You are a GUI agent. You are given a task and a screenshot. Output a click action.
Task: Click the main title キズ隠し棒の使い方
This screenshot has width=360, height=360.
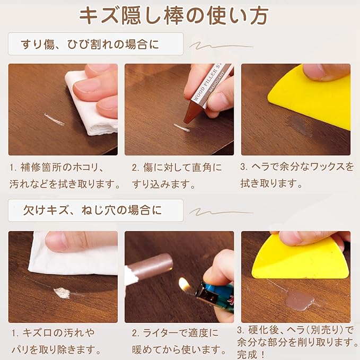pyautogui.click(x=174, y=16)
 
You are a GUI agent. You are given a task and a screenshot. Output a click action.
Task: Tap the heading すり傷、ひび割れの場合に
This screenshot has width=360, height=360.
pyautogui.click(x=90, y=44)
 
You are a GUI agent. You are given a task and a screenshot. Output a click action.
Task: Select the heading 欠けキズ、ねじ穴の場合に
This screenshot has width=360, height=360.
pyautogui.click(x=92, y=210)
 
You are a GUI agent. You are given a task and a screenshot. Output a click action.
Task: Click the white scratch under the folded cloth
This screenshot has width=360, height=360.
pyautogui.click(x=54, y=119)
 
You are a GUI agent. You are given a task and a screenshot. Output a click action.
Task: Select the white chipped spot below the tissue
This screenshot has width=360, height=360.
pyautogui.click(x=62, y=293)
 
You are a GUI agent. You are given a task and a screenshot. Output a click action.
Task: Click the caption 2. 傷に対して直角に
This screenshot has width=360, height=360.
pyautogui.click(x=177, y=168)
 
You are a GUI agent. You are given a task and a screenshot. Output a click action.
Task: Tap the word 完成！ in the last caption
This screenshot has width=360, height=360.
pyautogui.click(x=251, y=354)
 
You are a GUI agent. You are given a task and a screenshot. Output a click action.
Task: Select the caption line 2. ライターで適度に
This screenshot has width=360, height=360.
pyautogui.click(x=175, y=333)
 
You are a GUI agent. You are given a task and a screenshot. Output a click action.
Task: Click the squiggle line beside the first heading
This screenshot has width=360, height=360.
pyautogui.click(x=221, y=46)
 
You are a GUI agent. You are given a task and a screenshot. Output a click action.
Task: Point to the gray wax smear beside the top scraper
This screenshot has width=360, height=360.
pyautogui.click(x=298, y=125)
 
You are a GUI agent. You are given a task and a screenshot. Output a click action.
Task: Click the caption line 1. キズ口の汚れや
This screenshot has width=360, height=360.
pyautogui.click(x=53, y=332)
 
